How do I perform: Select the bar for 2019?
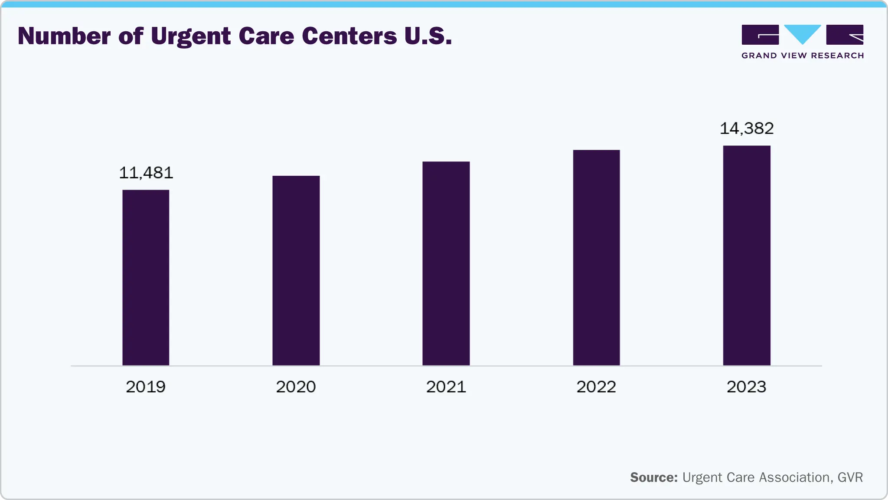point(146,278)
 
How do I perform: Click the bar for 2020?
point(296,270)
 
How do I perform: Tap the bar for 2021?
point(446,263)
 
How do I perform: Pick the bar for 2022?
point(596,257)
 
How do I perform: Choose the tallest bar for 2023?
point(747,255)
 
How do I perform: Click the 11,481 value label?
point(146,173)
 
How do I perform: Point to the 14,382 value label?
point(747,128)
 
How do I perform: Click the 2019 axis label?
point(146,387)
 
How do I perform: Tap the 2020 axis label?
point(296,387)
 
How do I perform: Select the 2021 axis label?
point(446,387)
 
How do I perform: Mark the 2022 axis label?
point(596,387)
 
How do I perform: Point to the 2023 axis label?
point(747,387)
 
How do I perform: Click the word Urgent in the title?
point(191,36)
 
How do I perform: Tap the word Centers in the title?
point(349,36)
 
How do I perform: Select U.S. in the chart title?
point(428,36)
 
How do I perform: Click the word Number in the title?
point(64,36)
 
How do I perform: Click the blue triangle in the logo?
point(803,33)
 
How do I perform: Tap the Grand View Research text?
point(803,56)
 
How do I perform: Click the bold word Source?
point(653,477)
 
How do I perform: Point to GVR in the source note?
point(850,477)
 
